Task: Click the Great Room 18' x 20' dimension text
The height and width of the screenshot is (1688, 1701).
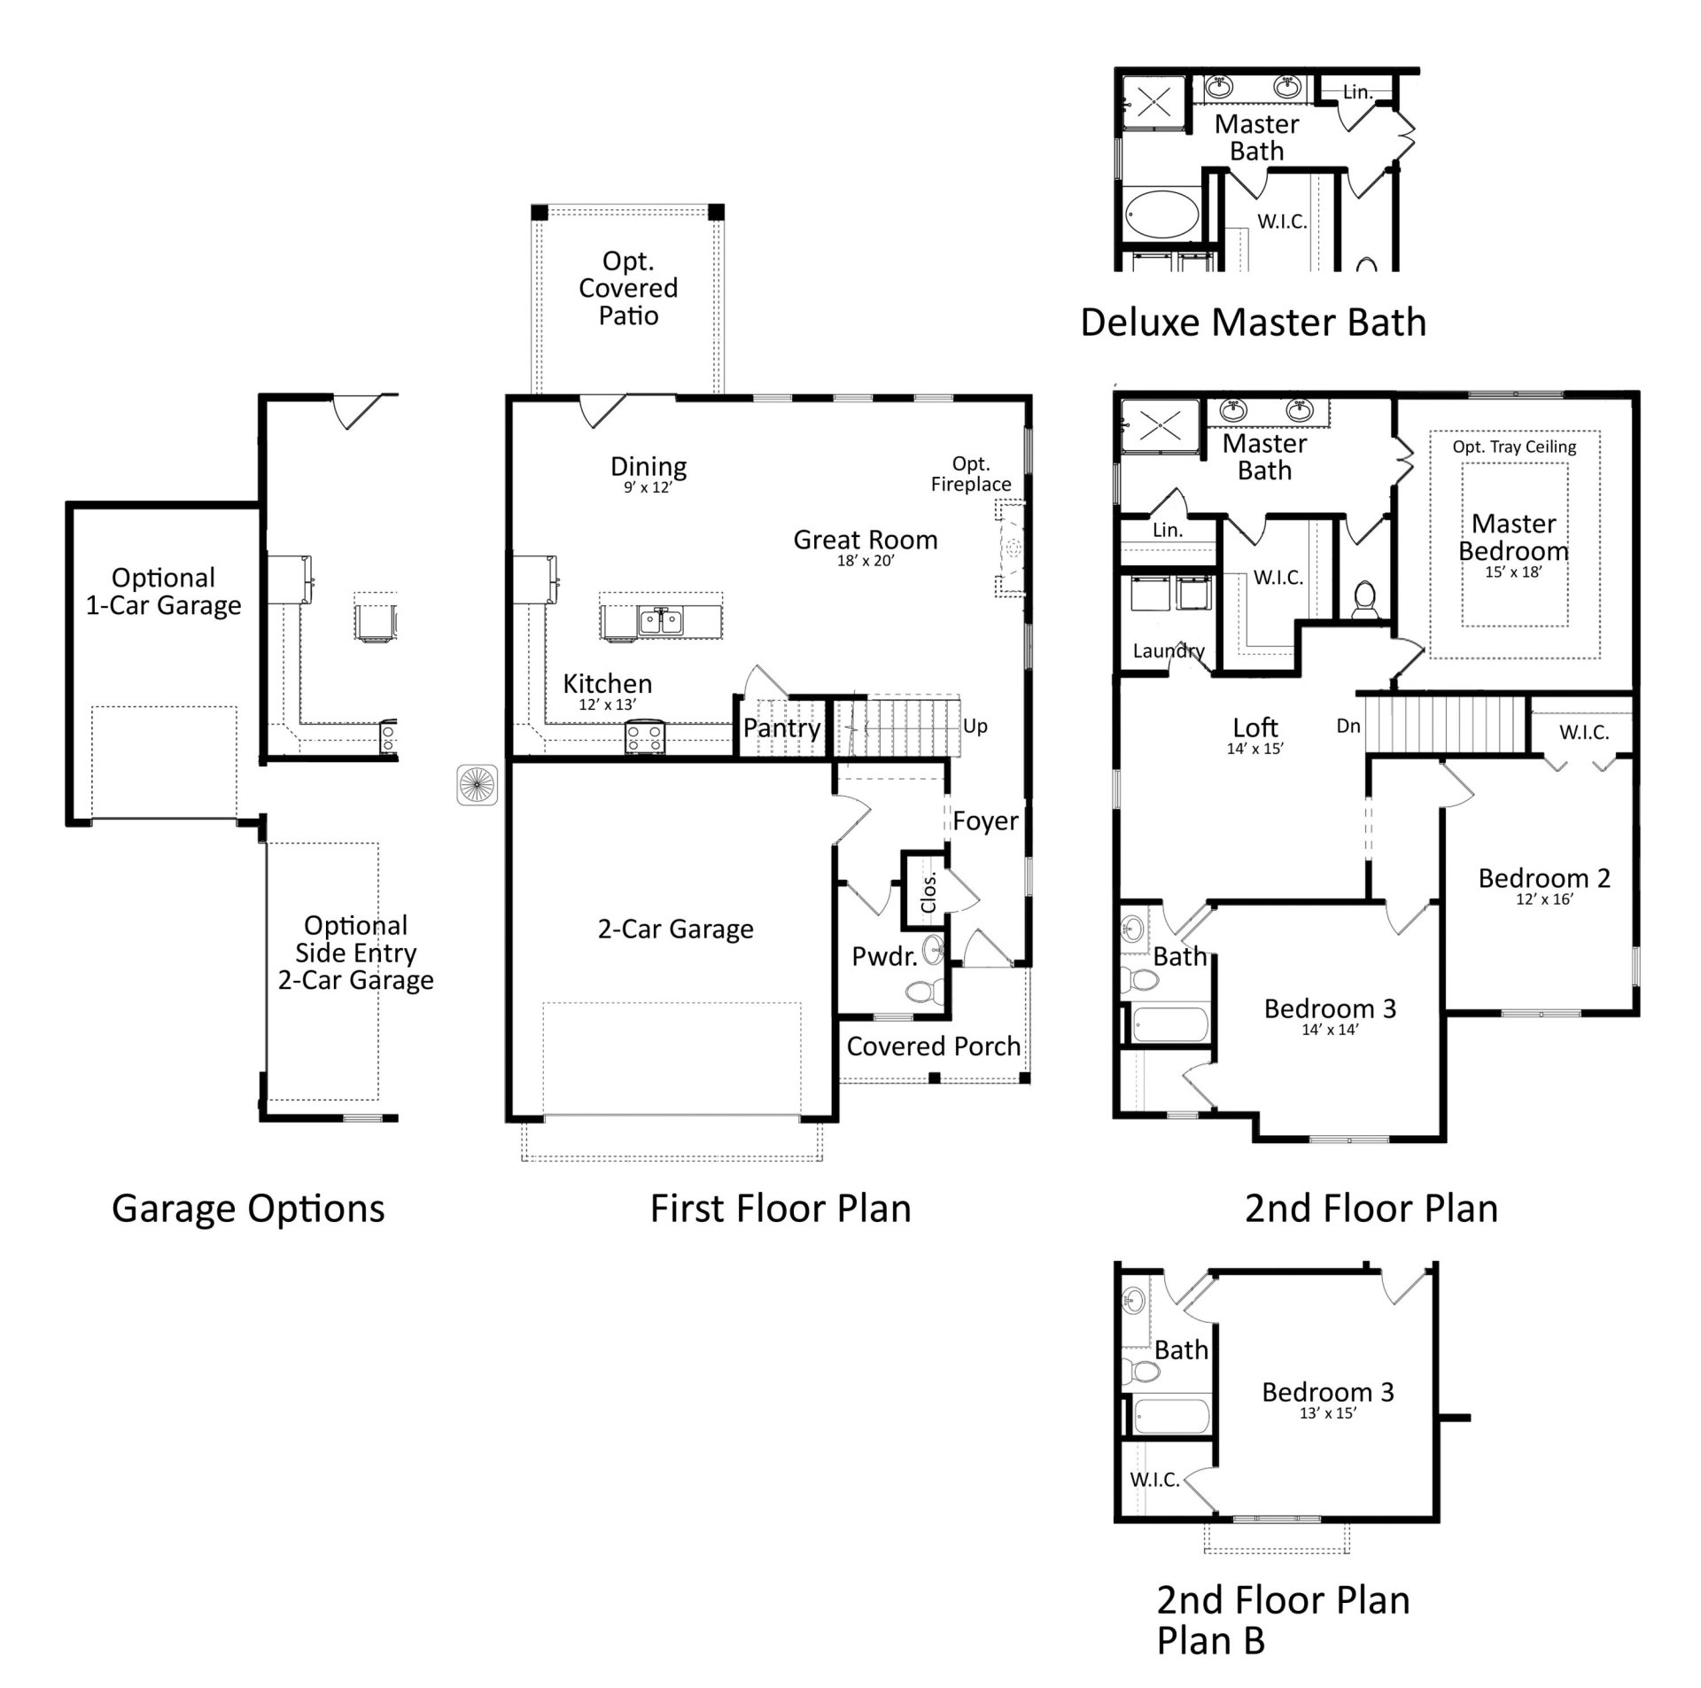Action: pos(865,561)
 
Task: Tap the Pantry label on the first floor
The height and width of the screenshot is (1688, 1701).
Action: pos(781,727)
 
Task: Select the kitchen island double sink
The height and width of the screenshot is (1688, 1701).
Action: pos(661,620)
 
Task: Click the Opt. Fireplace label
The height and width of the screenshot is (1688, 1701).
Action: pos(970,474)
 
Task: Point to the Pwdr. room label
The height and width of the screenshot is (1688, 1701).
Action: pos(883,956)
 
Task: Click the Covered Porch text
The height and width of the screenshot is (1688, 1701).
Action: pos(933,1046)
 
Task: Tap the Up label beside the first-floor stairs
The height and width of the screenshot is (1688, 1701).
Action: pos(975,726)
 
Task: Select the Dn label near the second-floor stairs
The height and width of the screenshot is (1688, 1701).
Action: pos(1348,726)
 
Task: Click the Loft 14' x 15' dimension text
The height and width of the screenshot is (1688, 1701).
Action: pos(1254,749)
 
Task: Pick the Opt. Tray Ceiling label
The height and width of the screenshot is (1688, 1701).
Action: pos(1513,447)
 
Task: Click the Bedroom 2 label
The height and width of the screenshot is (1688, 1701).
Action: pos(1543,878)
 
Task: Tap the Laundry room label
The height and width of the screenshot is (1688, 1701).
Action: pos(1168,650)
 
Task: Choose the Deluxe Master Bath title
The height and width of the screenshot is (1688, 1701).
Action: pos(1253,323)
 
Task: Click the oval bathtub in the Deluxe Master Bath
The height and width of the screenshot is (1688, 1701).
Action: pos(1161,214)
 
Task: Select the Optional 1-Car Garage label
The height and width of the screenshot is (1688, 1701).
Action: pos(163,591)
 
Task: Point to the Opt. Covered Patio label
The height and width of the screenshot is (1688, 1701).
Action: pos(627,288)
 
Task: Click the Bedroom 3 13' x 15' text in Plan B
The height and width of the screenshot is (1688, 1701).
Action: pos(1327,1413)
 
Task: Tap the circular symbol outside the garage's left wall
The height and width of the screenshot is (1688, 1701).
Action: pos(477,785)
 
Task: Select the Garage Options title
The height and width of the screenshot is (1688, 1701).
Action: pos(248,1209)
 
